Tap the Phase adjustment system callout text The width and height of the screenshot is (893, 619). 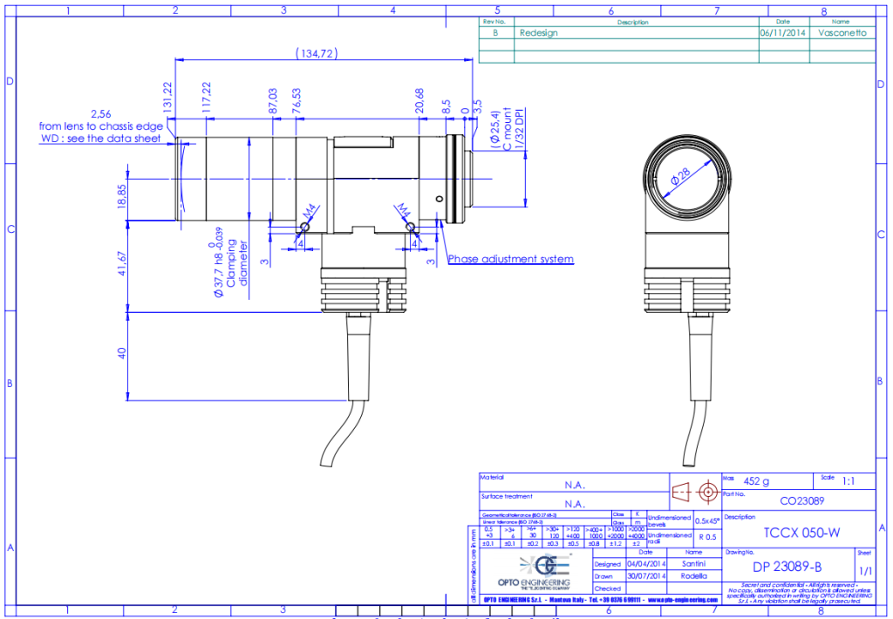[x=511, y=259]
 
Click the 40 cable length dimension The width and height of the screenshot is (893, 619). [x=122, y=353]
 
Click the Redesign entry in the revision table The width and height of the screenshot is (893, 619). [x=538, y=33]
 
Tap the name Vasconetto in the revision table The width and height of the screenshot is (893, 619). [x=843, y=33]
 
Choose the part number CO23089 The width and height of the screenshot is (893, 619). [x=800, y=501]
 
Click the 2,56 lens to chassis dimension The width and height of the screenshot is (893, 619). [x=102, y=114]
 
